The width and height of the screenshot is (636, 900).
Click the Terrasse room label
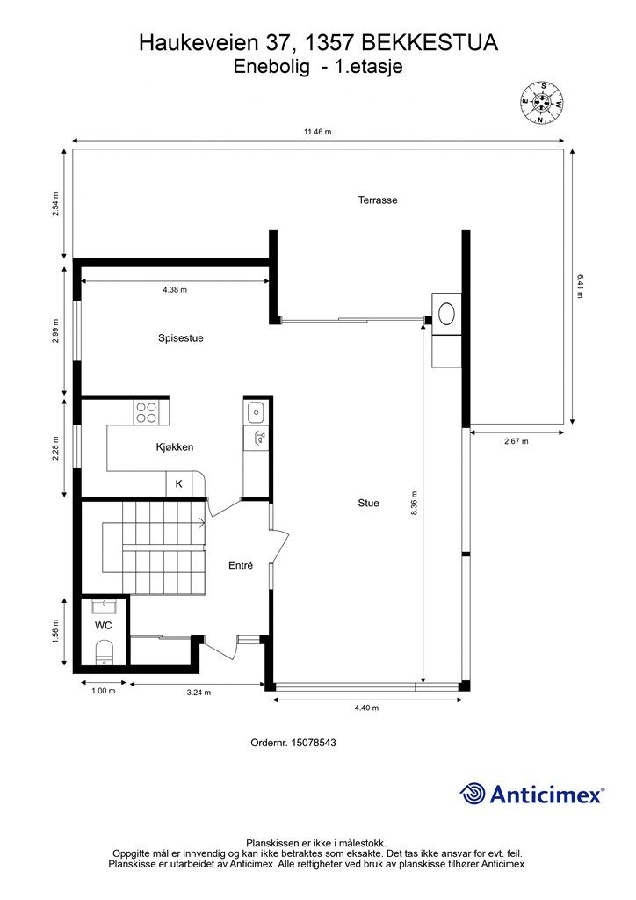click(378, 200)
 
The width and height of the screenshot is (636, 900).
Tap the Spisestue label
click(181, 338)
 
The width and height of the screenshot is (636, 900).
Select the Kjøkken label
click(174, 447)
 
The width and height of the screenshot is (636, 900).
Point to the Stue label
click(368, 503)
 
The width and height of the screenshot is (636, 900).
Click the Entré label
click(241, 565)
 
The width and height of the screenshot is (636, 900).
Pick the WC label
click(104, 625)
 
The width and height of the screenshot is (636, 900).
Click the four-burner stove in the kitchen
click(146, 412)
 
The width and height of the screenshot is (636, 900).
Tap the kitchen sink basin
click(256, 411)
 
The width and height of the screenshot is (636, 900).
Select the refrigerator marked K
click(179, 484)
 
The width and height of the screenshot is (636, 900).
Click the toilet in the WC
click(104, 652)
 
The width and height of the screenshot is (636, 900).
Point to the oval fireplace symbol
click(447, 314)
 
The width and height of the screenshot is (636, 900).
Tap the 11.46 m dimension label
click(318, 132)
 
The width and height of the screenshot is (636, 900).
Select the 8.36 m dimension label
click(414, 504)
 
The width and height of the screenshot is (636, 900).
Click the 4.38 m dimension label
click(175, 290)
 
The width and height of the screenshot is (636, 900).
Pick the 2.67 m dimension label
click(517, 441)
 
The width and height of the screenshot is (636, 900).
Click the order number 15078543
click(314, 743)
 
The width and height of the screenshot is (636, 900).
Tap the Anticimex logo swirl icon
click(473, 795)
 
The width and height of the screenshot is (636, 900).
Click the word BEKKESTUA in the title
click(430, 43)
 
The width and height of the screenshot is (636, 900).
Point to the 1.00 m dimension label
click(104, 691)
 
